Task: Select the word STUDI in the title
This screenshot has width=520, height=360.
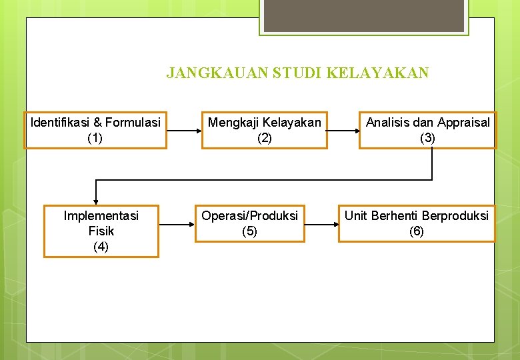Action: click(298, 73)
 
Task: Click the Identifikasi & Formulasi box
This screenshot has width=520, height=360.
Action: click(95, 130)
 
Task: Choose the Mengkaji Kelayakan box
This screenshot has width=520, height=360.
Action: click(265, 130)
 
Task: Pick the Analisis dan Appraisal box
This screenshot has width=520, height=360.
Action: click(427, 130)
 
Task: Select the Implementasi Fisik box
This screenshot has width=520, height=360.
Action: click(101, 231)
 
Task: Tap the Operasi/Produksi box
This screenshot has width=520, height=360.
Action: click(250, 223)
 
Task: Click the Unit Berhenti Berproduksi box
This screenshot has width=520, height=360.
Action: click(417, 223)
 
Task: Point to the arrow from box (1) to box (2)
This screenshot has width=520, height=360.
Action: click(184, 130)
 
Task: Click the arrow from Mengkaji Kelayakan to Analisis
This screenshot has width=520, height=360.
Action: click(343, 130)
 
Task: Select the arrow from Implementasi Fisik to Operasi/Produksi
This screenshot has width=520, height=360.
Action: click(177, 224)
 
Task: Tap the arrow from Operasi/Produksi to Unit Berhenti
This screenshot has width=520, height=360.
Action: click(321, 224)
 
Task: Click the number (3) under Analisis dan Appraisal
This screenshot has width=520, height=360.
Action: click(427, 138)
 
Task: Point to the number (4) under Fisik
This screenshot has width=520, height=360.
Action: click(101, 247)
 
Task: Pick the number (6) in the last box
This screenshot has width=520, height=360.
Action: click(417, 231)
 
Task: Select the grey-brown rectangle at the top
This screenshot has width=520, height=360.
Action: click(363, 15)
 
